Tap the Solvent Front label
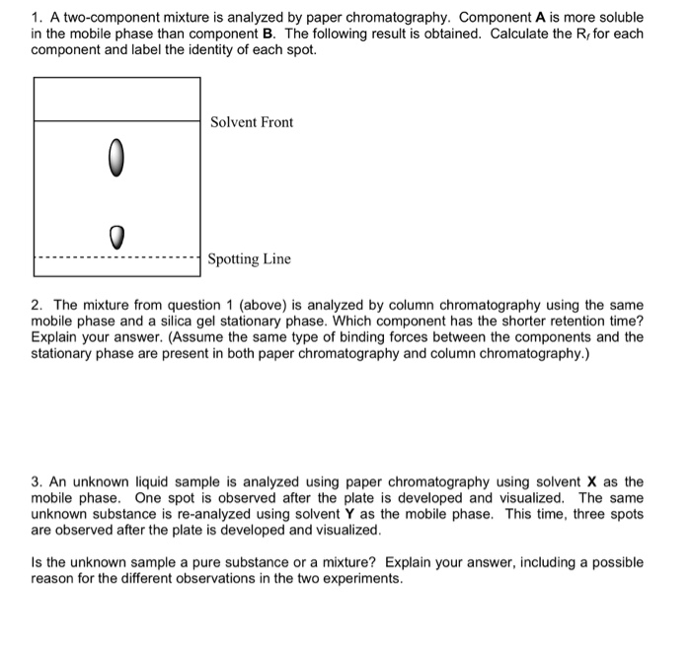pyautogui.click(x=251, y=122)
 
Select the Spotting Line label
pyautogui.click(x=249, y=259)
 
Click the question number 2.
pyautogui.click(x=37, y=306)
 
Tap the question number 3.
pyautogui.click(x=37, y=482)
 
